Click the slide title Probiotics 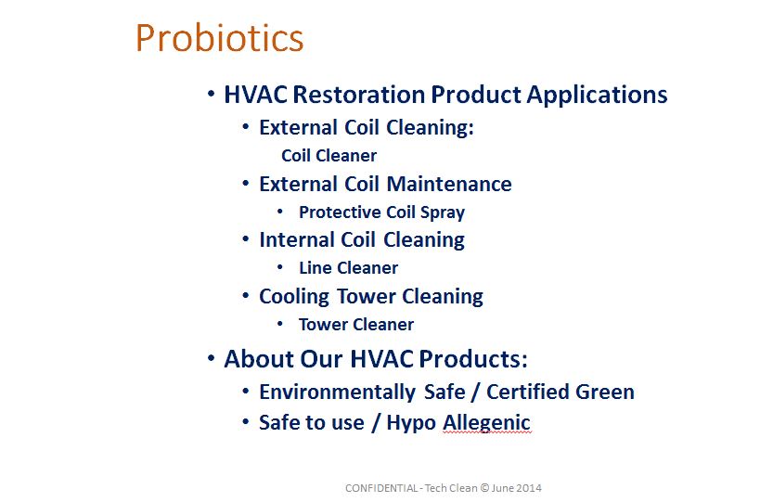(x=219, y=38)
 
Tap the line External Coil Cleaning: (x=366, y=128)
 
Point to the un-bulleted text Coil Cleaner (x=329, y=156)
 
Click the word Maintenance (x=449, y=184)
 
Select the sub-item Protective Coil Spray (x=381, y=212)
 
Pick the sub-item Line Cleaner (x=348, y=268)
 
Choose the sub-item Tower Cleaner (x=355, y=325)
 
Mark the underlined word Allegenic (x=486, y=423)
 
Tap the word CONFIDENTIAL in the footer (x=380, y=488)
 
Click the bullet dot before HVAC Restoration (x=212, y=94)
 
